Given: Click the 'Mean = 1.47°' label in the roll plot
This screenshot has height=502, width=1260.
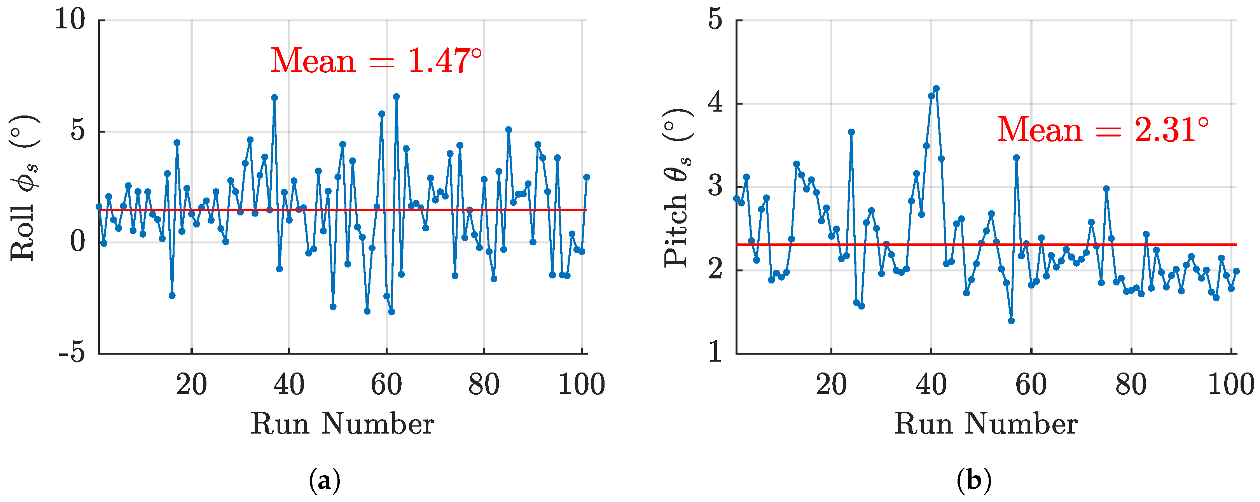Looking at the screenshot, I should (376, 61).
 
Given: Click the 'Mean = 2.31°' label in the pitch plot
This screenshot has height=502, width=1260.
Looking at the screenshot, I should (1103, 130).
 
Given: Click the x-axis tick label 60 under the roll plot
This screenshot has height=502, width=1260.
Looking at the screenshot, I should (386, 385).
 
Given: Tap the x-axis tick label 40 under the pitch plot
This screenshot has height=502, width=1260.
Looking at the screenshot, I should (931, 385).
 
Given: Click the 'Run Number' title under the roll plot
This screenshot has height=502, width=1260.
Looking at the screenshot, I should (343, 424).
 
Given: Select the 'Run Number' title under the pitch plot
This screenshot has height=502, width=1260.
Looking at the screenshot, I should (986, 424).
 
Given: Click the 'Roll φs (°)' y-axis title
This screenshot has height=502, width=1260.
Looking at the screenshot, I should (23, 188).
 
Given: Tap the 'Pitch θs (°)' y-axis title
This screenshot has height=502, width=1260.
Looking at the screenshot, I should (678, 188).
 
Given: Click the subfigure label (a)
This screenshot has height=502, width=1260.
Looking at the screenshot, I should (324, 481).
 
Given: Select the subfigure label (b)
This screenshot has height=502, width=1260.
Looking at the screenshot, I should (974, 481).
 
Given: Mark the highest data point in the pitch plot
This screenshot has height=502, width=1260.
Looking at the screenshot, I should (936, 89).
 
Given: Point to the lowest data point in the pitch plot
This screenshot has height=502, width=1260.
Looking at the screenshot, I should (1011, 321).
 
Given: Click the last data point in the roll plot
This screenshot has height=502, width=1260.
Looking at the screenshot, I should (587, 177).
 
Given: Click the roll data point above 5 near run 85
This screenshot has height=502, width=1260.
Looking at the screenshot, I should (508, 129).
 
